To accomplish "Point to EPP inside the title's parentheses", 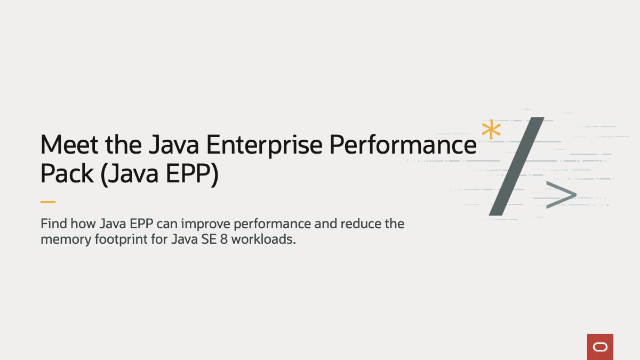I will point(188,174).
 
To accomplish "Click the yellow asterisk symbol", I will point(491,131).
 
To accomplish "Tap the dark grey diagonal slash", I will point(516,166).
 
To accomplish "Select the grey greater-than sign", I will point(561,195).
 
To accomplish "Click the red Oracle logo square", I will point(600,347).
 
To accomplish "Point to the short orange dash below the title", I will point(48,202).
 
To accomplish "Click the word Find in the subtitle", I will point(52,223).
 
